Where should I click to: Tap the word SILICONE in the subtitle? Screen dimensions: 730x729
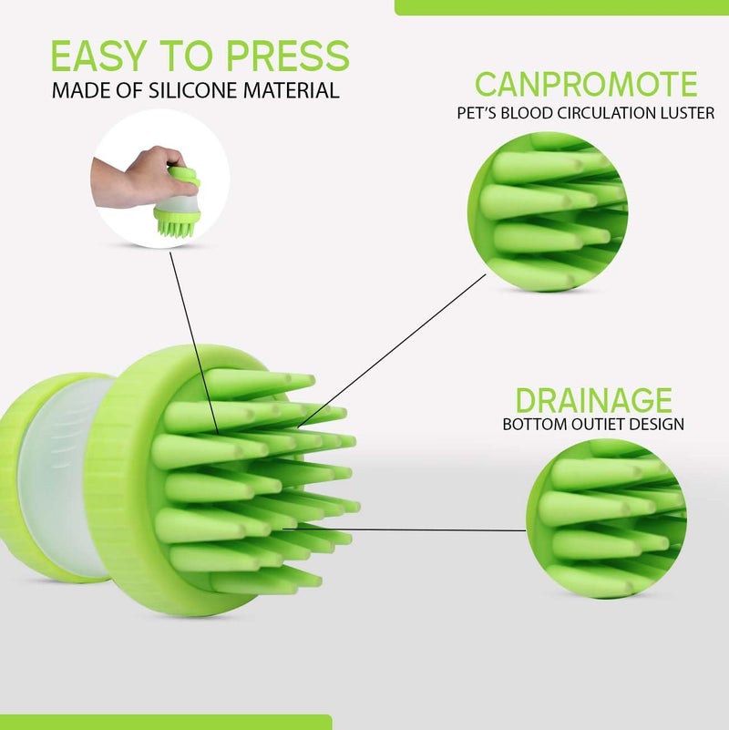click(207, 91)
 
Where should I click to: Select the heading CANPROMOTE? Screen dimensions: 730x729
click(586, 85)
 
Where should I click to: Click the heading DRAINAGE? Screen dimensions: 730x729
click(593, 400)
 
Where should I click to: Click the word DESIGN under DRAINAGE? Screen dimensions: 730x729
click(655, 425)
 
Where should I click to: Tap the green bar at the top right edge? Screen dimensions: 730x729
click(560, 6)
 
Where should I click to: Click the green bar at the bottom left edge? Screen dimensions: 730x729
click(164, 723)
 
